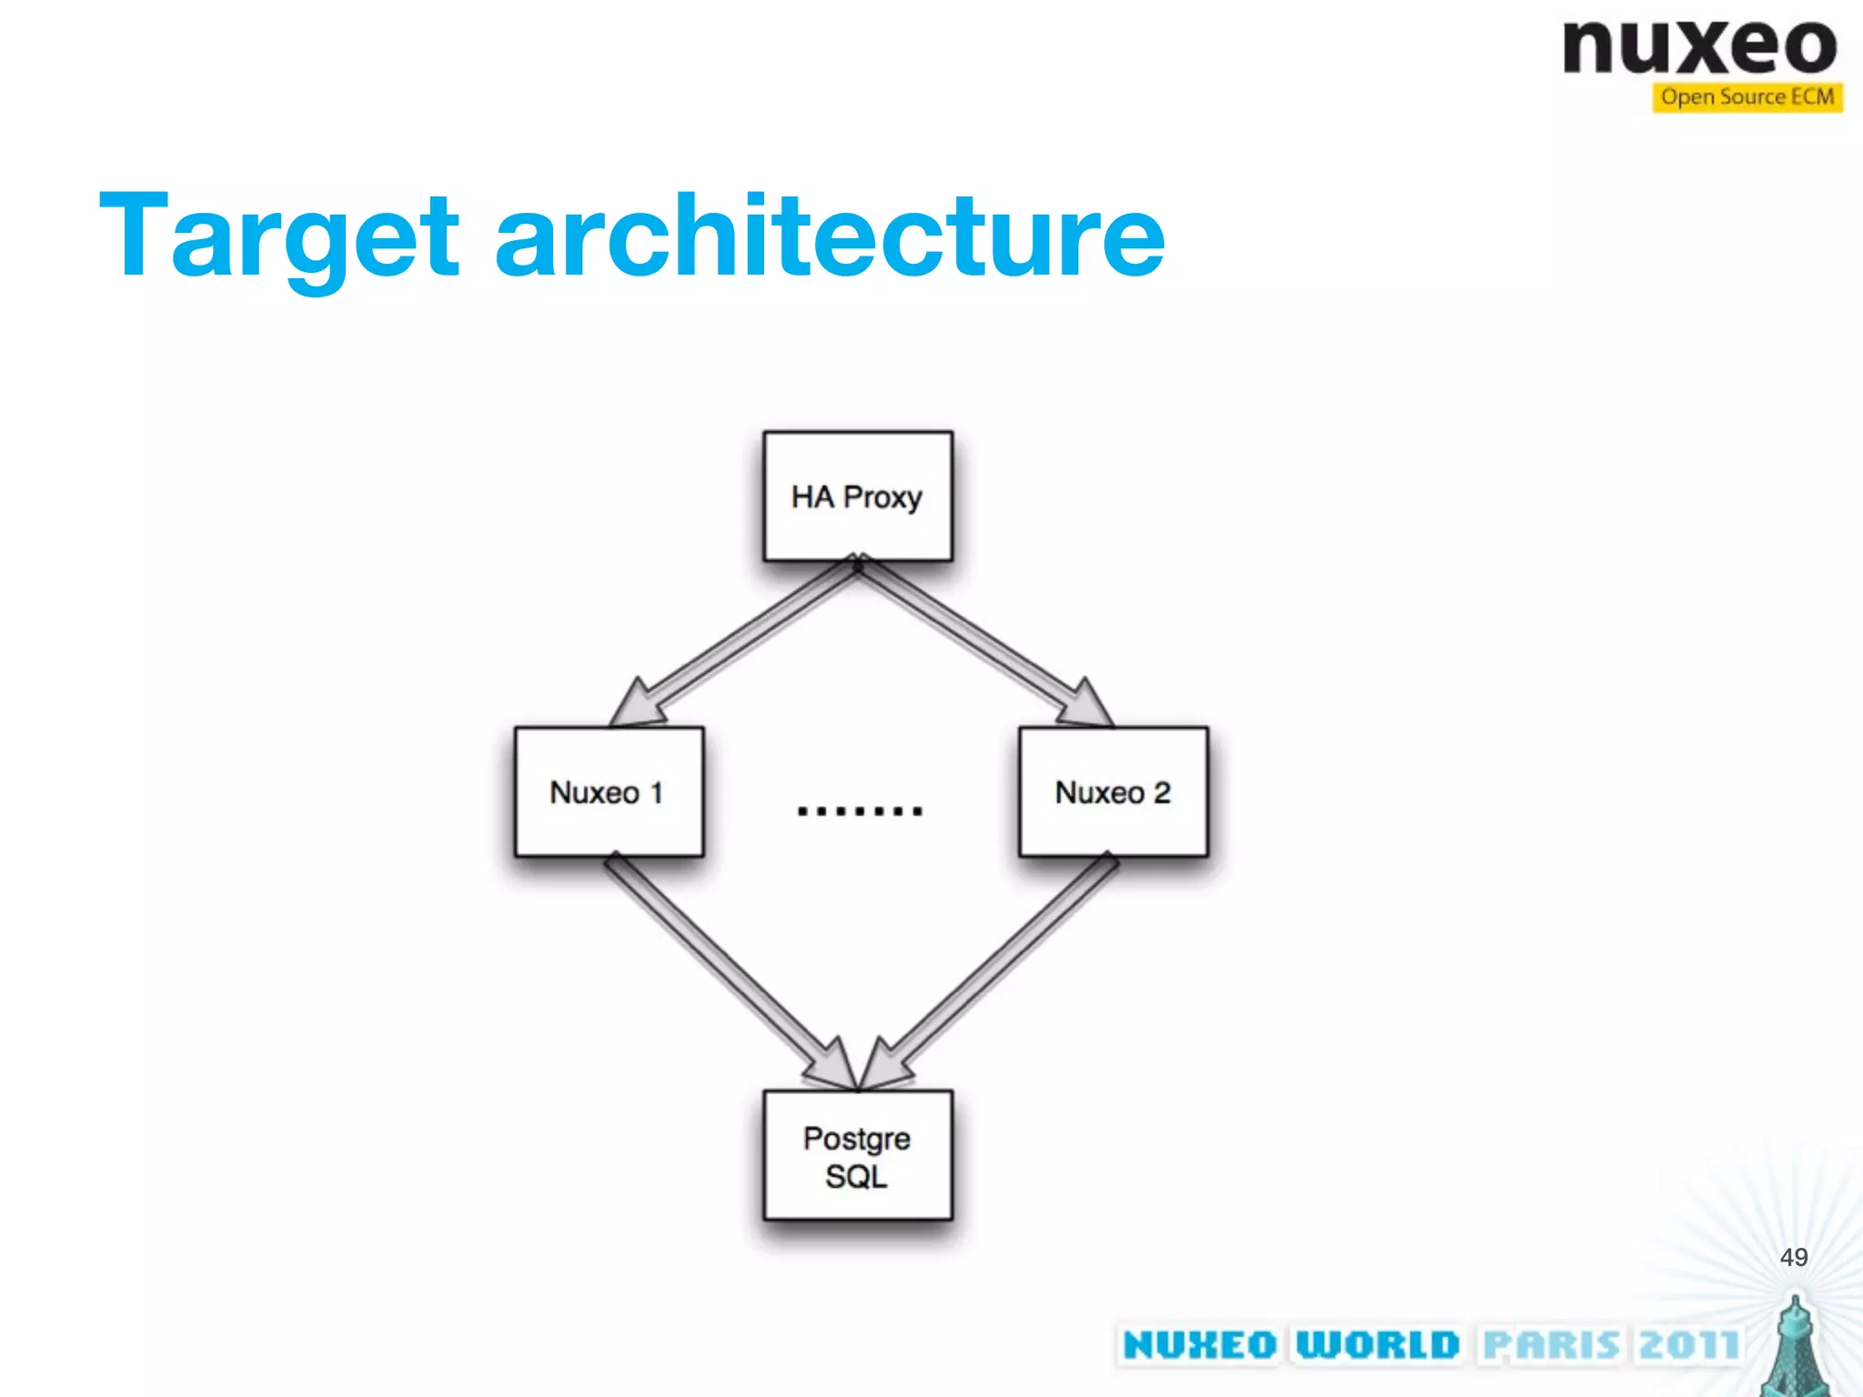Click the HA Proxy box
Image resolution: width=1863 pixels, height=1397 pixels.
click(858, 497)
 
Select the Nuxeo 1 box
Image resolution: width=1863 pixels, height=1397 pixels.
click(609, 791)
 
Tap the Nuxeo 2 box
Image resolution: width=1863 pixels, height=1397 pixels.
click(1113, 791)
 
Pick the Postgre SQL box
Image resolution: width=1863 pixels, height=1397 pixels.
click(858, 1155)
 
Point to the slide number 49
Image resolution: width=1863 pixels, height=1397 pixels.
click(1793, 1257)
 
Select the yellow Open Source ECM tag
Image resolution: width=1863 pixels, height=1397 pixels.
click(1747, 97)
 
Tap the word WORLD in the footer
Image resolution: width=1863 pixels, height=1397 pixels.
click(1377, 1345)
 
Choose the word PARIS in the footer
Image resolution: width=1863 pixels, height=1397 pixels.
click(1552, 1345)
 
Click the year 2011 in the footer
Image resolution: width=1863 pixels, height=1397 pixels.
click(1688, 1345)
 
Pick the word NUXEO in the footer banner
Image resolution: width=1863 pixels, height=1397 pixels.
click(1200, 1345)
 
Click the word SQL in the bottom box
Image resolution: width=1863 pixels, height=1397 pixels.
click(856, 1177)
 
